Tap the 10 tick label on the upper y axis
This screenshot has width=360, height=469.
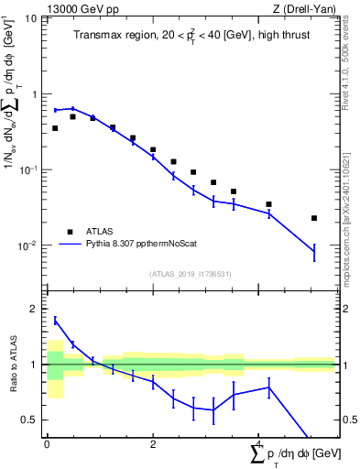[x=32, y=18]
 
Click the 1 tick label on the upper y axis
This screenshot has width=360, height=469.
[x=35, y=94]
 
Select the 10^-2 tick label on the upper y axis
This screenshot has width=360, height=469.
[x=30, y=245]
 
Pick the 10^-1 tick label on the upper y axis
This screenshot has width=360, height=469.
[x=30, y=169]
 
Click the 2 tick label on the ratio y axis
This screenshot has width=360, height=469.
[x=35, y=309]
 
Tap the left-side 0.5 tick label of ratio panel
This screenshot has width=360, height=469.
[x=31, y=420]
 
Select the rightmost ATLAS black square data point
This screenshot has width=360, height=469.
[x=314, y=218]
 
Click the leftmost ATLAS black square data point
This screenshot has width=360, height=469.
[x=55, y=128]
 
